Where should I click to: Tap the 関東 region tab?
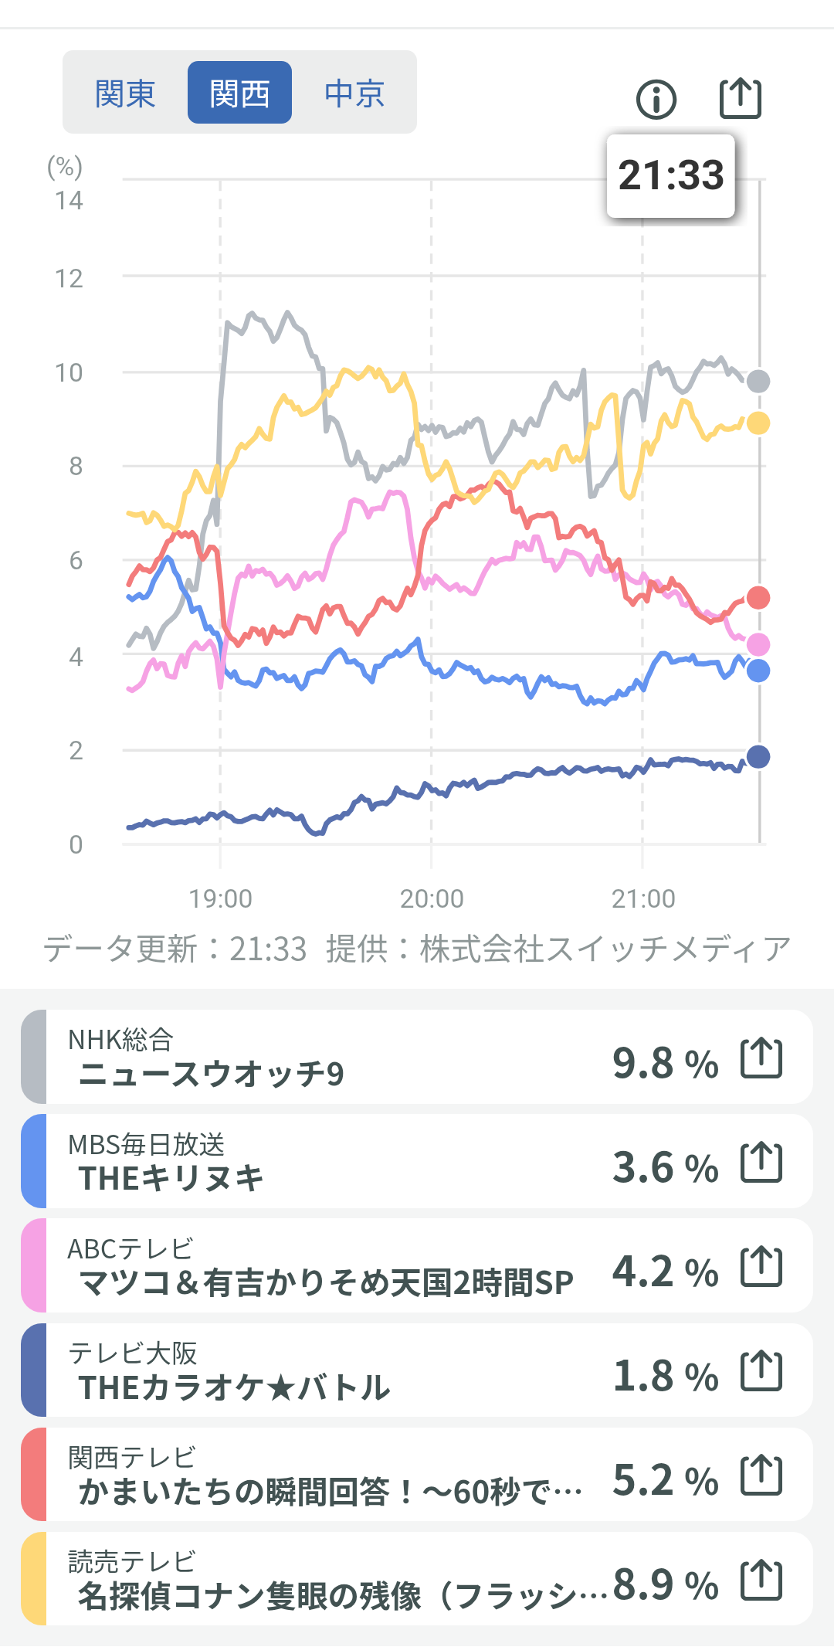point(125,93)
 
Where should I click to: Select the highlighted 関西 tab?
point(239,93)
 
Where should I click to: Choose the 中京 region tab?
point(354,93)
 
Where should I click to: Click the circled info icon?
point(656,100)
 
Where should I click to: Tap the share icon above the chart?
point(741,98)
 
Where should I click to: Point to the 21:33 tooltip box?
point(670,175)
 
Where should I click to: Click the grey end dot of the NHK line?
point(758,381)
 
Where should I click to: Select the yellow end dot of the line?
point(758,423)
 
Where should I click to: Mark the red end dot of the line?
point(758,598)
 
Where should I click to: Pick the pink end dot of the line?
point(758,644)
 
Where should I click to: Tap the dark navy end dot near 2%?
point(758,757)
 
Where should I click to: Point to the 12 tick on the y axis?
point(69,278)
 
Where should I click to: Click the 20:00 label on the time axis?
point(432,898)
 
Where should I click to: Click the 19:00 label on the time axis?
point(221,898)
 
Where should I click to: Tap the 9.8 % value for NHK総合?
point(665,1063)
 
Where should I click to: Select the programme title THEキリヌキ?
point(171,1178)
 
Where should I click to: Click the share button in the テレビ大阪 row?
point(761,1371)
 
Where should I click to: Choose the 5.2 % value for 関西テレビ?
point(665,1480)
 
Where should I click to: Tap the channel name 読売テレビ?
point(132,1561)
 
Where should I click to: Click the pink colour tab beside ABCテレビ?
point(34,1265)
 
